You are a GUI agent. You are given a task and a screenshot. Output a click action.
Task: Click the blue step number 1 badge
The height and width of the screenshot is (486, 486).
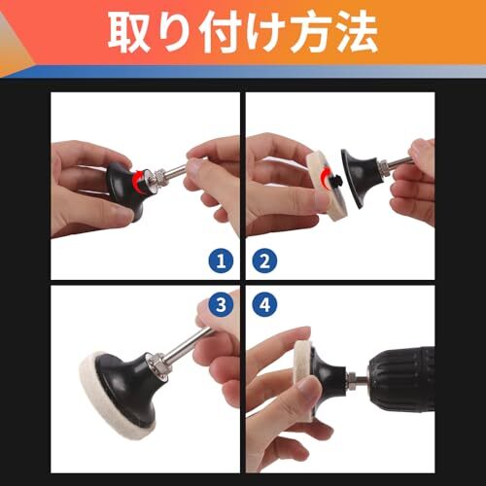tap(221, 260)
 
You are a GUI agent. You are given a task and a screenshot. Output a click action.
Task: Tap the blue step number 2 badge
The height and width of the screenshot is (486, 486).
tap(264, 260)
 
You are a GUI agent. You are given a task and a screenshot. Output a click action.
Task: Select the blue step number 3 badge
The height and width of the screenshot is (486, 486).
tap(221, 304)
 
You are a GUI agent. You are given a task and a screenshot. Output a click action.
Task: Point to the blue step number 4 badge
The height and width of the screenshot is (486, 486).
tap(264, 304)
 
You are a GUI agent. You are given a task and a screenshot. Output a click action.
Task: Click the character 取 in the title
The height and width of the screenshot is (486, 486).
tap(129, 33)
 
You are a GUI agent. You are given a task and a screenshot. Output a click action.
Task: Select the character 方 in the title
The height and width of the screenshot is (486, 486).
tap(311, 32)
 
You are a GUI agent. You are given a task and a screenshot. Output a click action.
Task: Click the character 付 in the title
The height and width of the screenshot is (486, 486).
tap(220, 32)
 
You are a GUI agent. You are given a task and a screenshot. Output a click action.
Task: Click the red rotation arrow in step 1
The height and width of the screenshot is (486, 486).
tap(138, 181)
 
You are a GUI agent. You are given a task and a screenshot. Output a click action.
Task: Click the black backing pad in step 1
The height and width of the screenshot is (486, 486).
tap(124, 191)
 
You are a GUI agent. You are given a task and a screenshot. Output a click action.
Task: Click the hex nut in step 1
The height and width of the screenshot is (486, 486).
tap(158, 176)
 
